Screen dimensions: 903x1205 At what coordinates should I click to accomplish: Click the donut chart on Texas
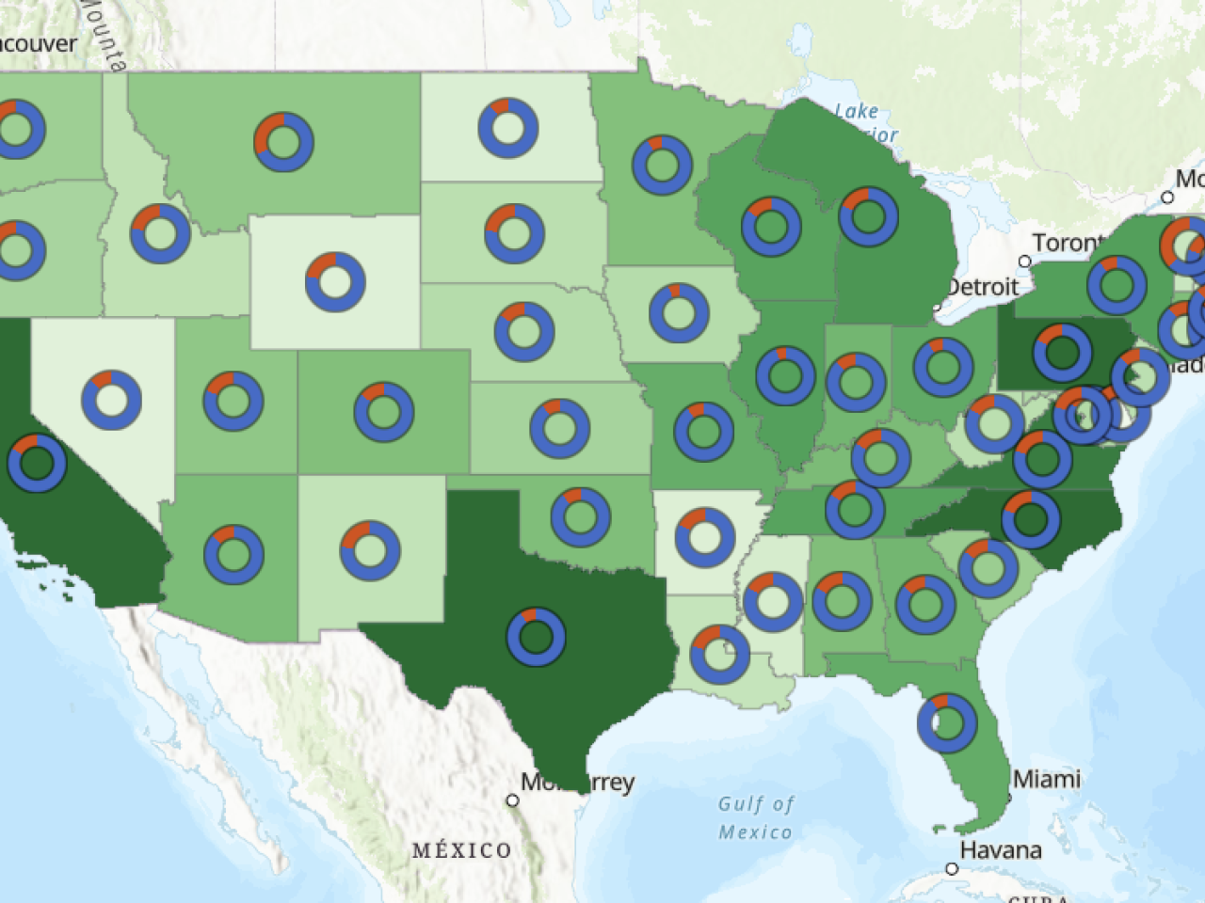pyautogui.click(x=536, y=637)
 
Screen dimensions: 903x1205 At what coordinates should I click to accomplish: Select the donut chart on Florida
pyautogui.click(x=947, y=722)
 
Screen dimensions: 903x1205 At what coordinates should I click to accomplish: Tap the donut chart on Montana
pyautogui.click(x=283, y=142)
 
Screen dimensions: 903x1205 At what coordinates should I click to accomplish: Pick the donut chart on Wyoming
pyautogui.click(x=335, y=281)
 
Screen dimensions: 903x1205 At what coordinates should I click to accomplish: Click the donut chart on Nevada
pyautogui.click(x=111, y=400)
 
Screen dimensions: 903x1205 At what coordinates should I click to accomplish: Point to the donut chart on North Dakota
pyautogui.click(x=508, y=128)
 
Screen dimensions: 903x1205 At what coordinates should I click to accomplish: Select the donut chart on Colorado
pyautogui.click(x=384, y=411)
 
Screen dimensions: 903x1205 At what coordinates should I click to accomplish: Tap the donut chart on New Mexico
pyautogui.click(x=370, y=550)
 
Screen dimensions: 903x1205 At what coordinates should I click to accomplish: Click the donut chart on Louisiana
pyautogui.click(x=720, y=654)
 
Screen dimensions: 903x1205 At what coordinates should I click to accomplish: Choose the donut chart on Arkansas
pyautogui.click(x=705, y=537)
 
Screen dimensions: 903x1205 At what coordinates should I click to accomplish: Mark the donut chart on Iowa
pyautogui.click(x=679, y=312)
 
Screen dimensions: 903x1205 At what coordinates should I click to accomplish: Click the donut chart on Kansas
pyautogui.click(x=559, y=429)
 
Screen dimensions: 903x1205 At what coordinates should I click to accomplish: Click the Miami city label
pyautogui.click(x=1047, y=779)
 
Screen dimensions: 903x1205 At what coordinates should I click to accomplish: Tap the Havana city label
pyautogui.click(x=1001, y=850)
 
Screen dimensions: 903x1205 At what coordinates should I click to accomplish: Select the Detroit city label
pyautogui.click(x=983, y=287)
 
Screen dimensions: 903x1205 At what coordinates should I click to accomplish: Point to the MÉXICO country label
pyautogui.click(x=462, y=850)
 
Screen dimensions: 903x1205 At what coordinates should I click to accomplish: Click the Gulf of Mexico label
pyautogui.click(x=756, y=817)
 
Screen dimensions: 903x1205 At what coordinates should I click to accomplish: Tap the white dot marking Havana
pyautogui.click(x=952, y=868)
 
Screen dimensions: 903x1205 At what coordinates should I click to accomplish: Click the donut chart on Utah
pyautogui.click(x=233, y=401)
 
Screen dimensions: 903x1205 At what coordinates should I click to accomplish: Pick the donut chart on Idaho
pyautogui.click(x=160, y=233)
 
